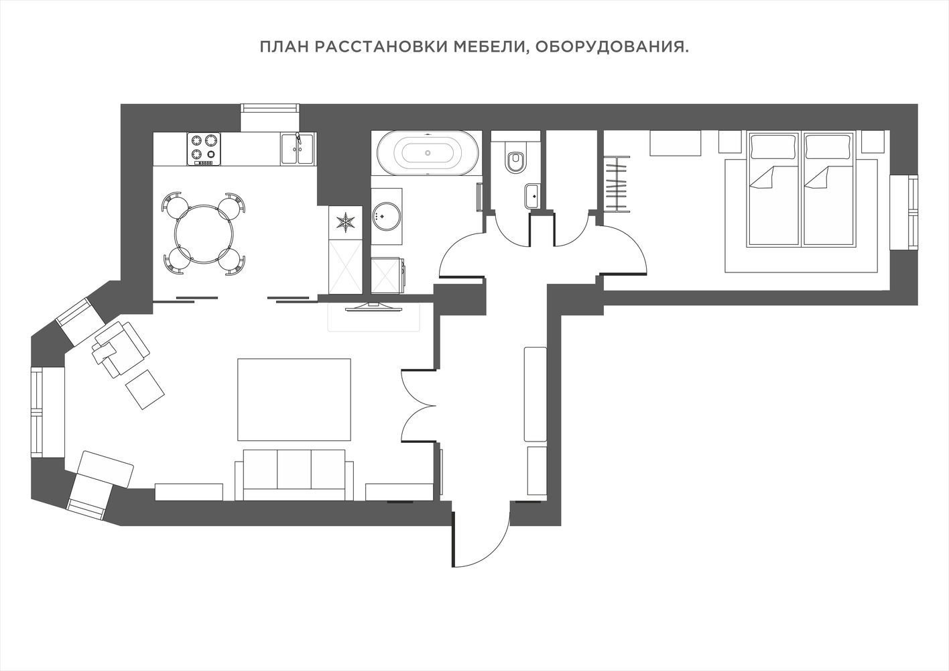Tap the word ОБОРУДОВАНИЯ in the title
612,47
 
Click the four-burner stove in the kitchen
204,149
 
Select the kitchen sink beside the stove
298,148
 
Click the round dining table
203,233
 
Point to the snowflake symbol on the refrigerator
346,222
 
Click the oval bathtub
428,153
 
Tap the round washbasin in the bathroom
385,216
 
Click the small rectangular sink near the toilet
532,196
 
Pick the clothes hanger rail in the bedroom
618,183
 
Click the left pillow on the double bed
773,147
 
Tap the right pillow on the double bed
828,147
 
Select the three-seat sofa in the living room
294,474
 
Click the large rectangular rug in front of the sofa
294,399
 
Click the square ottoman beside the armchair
145,389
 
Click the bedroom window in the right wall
904,212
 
